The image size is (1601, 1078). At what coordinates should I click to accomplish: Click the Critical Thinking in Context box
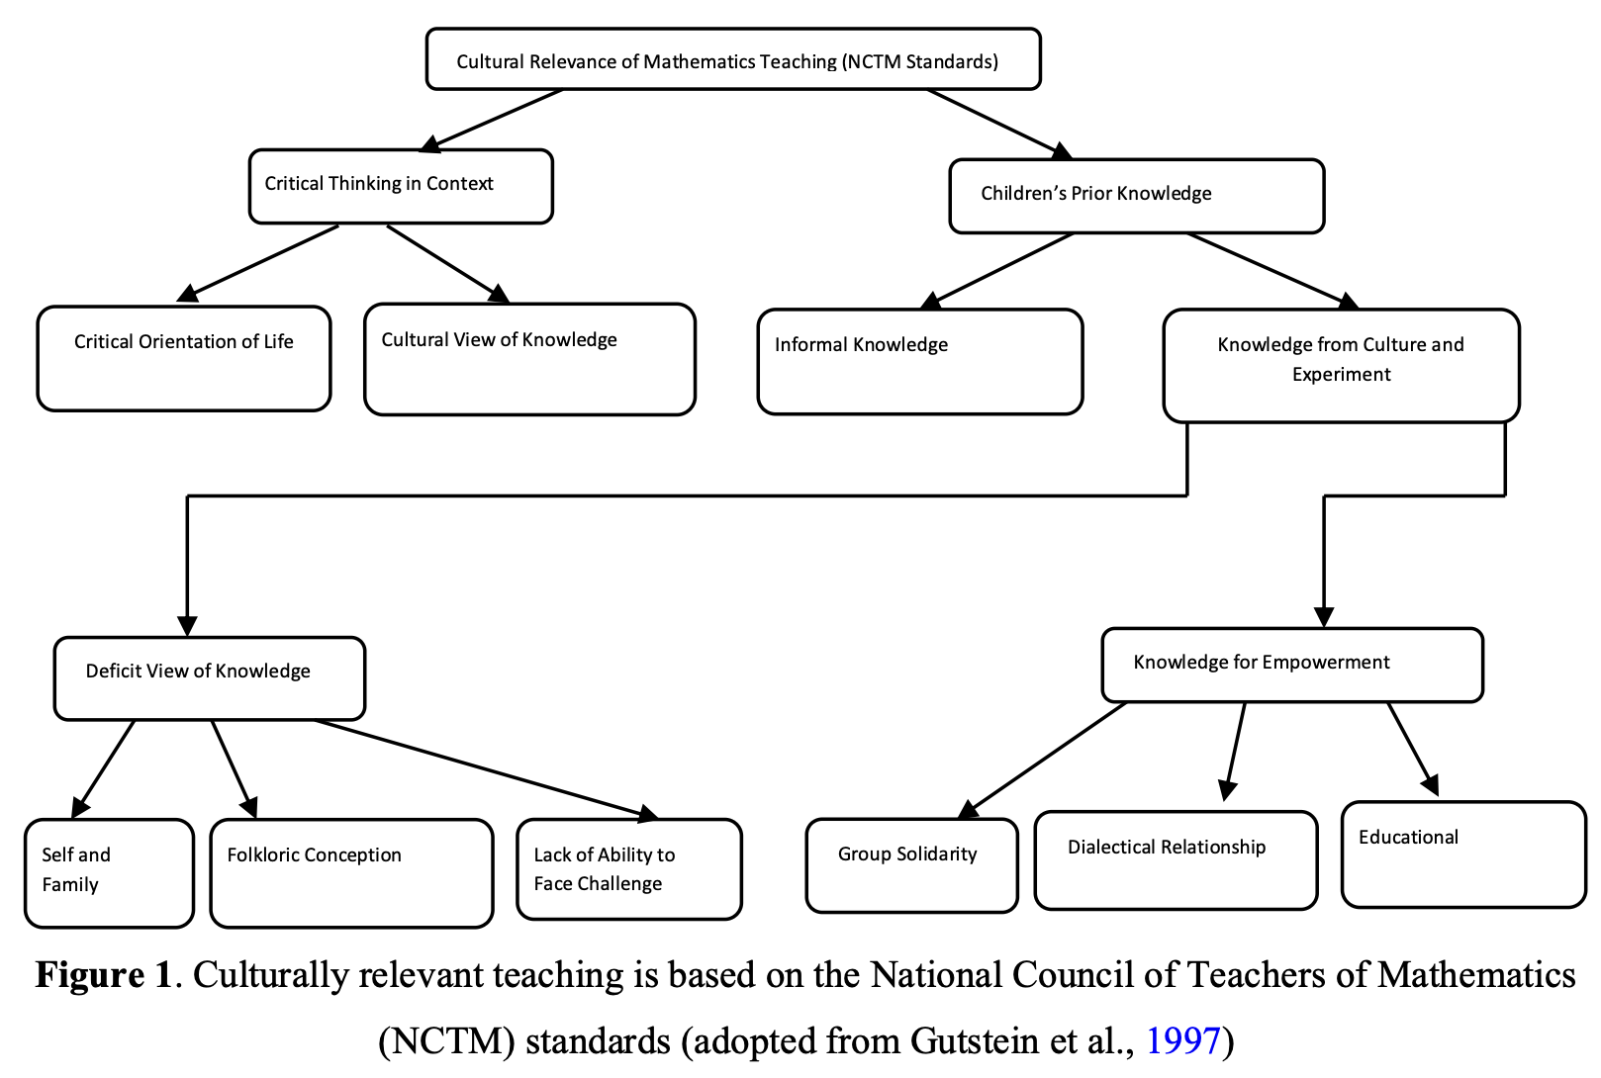tap(401, 187)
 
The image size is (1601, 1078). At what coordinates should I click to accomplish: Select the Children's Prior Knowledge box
tap(1136, 196)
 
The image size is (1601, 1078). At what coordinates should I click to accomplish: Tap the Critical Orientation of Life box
tap(184, 359)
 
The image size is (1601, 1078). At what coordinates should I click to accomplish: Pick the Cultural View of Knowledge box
tap(529, 359)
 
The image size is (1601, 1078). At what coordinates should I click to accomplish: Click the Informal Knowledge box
tap(920, 362)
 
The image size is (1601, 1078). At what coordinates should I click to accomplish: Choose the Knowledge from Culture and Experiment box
tap(1341, 366)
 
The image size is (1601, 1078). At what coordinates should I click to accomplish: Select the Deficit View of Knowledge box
tap(210, 677)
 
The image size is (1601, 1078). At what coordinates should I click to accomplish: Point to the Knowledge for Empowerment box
tap(1292, 665)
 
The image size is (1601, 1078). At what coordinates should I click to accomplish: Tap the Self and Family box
tap(110, 873)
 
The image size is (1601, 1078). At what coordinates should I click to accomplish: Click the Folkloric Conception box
tap(351, 873)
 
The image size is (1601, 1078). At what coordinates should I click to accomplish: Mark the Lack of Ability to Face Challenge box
tap(629, 868)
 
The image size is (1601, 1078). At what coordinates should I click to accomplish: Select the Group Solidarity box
tap(911, 865)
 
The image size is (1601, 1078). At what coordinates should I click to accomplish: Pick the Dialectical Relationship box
tap(1176, 860)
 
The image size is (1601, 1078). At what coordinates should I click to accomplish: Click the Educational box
tap(1463, 854)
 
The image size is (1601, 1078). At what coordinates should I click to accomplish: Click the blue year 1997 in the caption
tap(1182, 1040)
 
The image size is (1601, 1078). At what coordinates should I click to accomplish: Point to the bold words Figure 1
tap(104, 974)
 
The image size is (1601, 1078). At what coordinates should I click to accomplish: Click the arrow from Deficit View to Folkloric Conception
tap(233, 769)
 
